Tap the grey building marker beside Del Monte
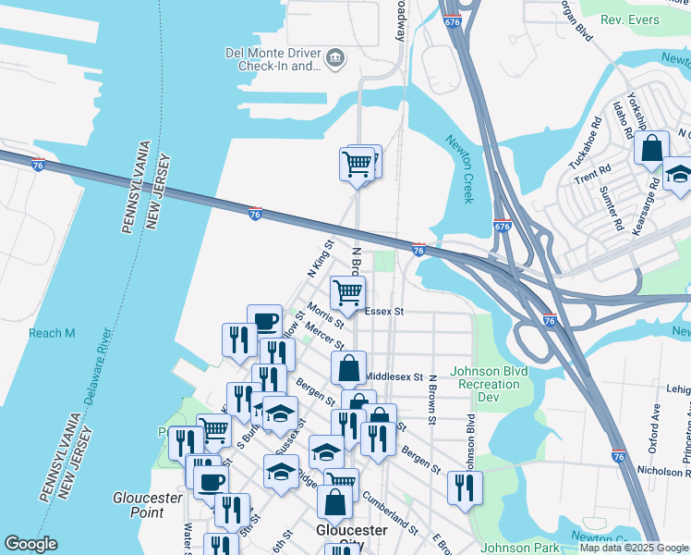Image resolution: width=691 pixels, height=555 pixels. tap(334, 60)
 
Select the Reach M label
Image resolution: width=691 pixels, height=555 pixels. tap(51, 333)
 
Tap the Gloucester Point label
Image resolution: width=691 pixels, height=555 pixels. tap(148, 504)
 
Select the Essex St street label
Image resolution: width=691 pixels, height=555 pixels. tap(385, 313)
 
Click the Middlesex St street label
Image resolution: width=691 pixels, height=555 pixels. tap(394, 377)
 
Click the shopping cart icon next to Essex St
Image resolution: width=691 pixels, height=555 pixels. tap(347, 292)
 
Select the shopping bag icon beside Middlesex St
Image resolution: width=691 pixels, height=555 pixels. tap(348, 367)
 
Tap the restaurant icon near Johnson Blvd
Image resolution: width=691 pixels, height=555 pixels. tap(465, 487)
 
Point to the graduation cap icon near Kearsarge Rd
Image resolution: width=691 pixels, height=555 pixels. tap(678, 174)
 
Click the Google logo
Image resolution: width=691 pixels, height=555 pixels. tap(30, 544)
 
